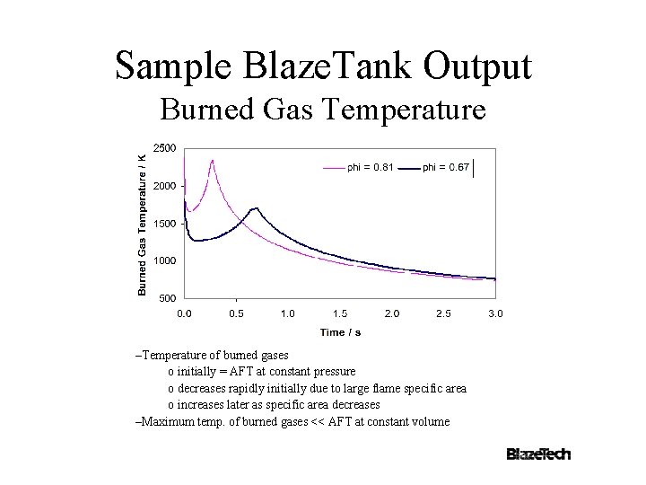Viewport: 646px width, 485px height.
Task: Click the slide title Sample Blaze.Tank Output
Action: (323, 66)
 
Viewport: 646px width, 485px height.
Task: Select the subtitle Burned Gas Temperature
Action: (323, 110)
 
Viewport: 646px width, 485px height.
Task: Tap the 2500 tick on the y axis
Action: (164, 148)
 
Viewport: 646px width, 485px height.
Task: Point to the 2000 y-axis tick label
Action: (164, 186)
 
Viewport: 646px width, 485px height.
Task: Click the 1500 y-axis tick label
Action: (164, 224)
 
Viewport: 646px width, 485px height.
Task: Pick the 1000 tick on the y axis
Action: (164, 260)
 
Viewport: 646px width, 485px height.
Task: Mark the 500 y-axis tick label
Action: (167, 298)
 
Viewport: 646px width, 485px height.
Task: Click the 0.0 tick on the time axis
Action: (184, 313)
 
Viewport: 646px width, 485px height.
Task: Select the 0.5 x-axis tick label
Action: (236, 313)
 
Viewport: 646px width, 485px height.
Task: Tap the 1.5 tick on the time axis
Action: (340, 313)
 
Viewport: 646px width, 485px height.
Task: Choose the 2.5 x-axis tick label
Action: (444, 313)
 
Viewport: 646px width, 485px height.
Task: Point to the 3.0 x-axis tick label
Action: (495, 313)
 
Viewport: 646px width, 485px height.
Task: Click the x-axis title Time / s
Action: (340, 332)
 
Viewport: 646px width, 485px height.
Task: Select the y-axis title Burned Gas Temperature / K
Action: (142, 223)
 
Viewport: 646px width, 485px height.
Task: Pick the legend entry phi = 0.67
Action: (445, 167)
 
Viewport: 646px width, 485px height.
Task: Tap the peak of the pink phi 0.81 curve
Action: (212, 161)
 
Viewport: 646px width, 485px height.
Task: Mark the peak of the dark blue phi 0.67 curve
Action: (256, 208)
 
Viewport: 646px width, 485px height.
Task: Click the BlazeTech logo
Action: (538, 454)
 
